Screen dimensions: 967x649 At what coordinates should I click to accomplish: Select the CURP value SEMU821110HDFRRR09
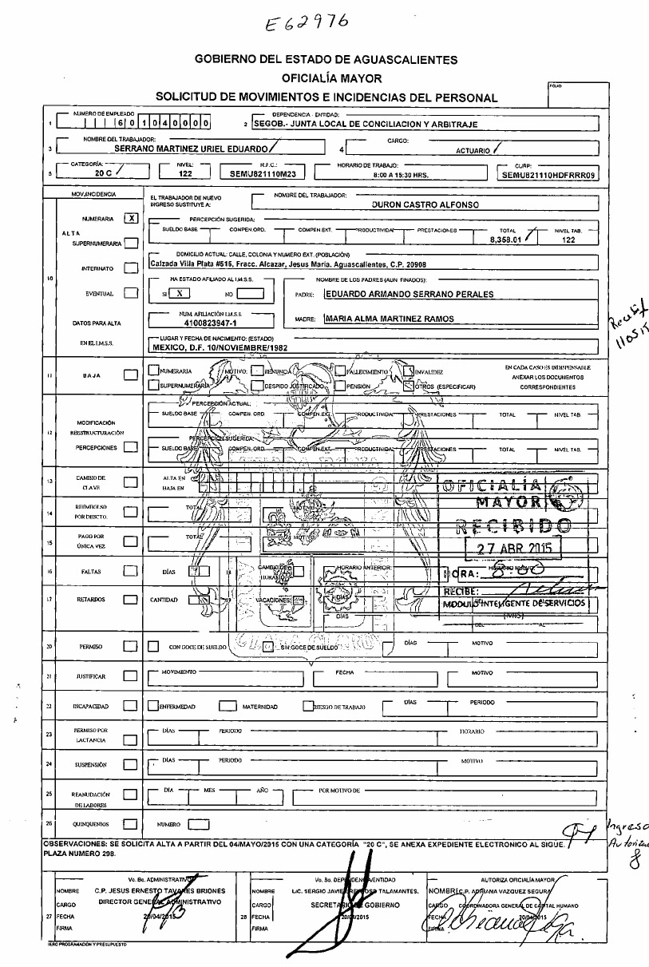pyautogui.click(x=549, y=172)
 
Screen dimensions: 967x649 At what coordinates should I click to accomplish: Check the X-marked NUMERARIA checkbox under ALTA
pyautogui.click(x=132, y=217)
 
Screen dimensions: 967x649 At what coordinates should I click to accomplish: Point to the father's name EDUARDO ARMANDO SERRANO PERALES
pyautogui.click(x=408, y=294)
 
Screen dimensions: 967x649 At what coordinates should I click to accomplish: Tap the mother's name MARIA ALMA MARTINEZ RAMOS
pyautogui.click(x=390, y=319)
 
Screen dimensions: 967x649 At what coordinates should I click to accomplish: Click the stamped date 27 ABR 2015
pyautogui.click(x=514, y=549)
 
